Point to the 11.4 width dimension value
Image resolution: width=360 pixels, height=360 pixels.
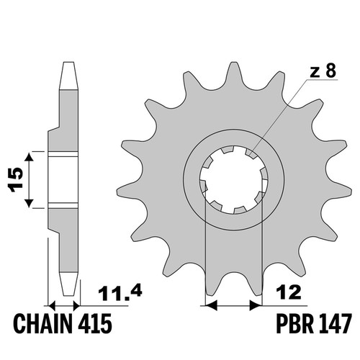click(120, 293)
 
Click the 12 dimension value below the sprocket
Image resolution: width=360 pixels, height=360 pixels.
click(289, 292)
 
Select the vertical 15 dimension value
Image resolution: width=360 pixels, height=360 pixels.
click(15, 180)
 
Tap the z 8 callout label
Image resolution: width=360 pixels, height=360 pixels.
click(323, 71)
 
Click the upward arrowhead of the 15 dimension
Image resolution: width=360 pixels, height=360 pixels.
click(29, 158)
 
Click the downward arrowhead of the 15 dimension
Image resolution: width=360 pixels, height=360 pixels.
click(29, 202)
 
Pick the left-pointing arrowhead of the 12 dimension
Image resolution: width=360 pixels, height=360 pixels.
click(212, 306)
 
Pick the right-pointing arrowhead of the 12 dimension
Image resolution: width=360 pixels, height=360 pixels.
click(256, 306)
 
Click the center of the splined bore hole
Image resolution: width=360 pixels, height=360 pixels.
click(234, 180)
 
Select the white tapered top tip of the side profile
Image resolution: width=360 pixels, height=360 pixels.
click(68, 76)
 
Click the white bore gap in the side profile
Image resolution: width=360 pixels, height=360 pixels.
click(63, 180)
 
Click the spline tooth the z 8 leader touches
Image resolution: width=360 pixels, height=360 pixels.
click(251, 153)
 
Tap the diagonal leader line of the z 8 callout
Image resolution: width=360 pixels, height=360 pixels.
click(278, 116)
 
